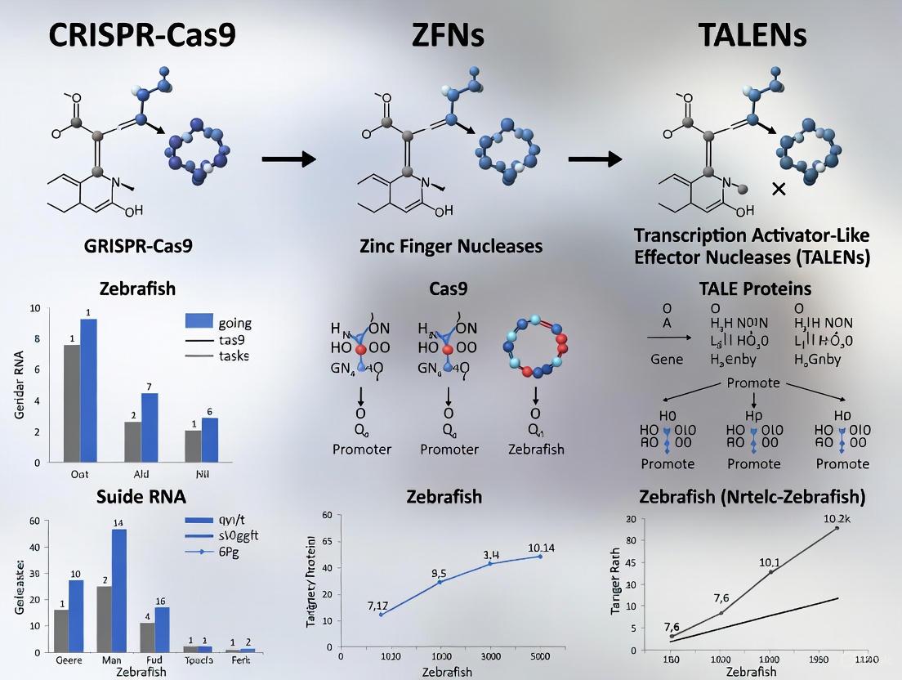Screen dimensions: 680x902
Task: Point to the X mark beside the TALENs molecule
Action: pos(779,189)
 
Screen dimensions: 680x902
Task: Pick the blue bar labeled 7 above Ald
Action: pos(150,427)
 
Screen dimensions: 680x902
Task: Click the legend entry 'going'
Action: pos(230,323)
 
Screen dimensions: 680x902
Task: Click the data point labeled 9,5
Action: pos(440,581)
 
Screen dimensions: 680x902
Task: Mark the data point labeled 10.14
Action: pos(540,556)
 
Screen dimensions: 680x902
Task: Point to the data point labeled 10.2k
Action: pos(836,528)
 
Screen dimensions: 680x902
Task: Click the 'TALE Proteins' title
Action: pos(754,289)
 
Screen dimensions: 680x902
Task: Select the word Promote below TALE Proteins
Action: pos(752,383)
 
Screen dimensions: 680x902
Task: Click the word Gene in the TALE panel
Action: pos(667,360)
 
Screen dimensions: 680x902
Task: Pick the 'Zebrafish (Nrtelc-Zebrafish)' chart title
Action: pos(752,496)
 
